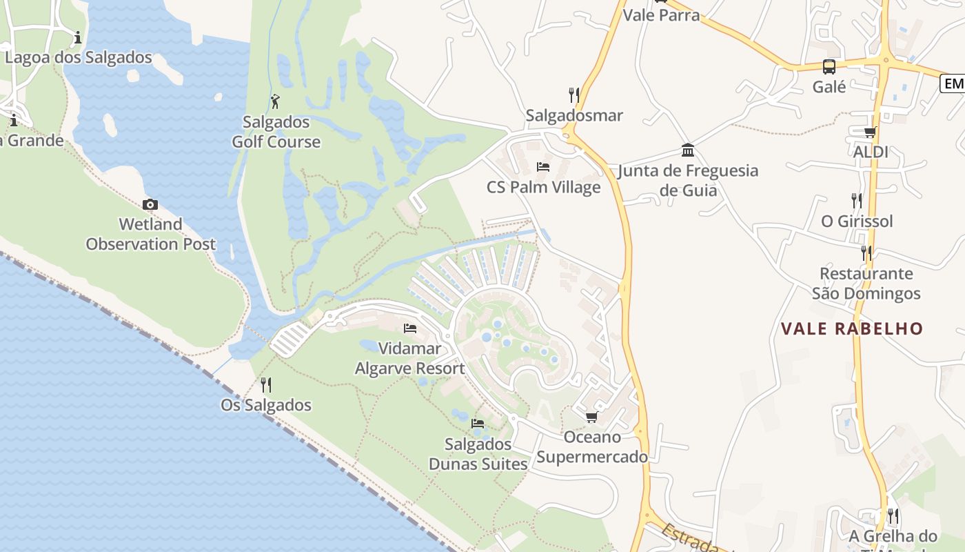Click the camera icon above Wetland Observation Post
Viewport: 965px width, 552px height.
(150, 204)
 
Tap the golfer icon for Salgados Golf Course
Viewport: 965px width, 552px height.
(276, 101)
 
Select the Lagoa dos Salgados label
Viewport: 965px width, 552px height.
(79, 57)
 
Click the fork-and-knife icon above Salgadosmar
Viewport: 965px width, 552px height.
(573, 95)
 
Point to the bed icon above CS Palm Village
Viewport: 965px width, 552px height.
(543, 166)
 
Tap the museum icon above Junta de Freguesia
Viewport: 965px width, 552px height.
(688, 150)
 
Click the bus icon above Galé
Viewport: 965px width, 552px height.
(829, 67)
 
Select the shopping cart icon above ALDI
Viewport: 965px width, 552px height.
(871, 132)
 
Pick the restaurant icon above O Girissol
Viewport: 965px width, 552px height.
(857, 201)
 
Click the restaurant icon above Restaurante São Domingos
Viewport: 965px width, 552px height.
(866, 253)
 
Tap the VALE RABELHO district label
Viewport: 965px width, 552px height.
(852, 328)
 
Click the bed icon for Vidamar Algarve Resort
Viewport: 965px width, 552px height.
(410, 328)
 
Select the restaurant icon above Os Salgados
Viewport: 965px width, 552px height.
(266, 384)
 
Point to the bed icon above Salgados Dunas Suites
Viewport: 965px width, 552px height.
(478, 423)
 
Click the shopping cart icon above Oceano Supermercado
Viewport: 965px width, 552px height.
(591, 417)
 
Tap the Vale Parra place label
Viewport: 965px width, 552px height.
(661, 15)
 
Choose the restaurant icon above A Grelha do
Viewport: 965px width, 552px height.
(893, 516)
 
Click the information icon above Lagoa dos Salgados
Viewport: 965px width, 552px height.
(78, 37)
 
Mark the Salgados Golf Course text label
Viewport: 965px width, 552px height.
(276, 132)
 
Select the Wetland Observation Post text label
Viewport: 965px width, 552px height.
(150, 234)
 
